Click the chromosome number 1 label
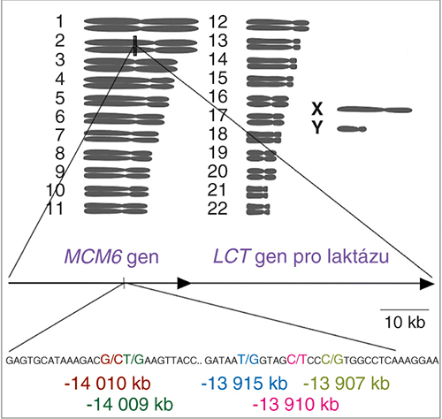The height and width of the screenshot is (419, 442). [60, 21]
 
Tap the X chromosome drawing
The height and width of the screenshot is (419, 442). [375, 110]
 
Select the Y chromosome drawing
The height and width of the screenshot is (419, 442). [352, 129]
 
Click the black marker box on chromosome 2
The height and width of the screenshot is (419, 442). [135, 46]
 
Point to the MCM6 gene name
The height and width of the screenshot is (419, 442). [93, 256]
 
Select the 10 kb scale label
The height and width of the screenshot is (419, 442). [405, 322]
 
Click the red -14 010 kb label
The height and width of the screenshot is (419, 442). [108, 384]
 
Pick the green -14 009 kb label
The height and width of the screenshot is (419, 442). [130, 404]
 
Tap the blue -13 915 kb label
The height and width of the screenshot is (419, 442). [245, 384]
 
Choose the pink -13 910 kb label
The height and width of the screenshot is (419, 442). [296, 404]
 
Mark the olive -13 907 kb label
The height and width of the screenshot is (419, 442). [347, 384]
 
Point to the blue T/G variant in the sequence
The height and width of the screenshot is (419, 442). [248, 360]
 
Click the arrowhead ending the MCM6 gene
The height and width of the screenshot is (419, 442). [184, 283]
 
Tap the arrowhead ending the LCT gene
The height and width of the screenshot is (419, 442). [427, 284]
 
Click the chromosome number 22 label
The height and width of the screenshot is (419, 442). [217, 209]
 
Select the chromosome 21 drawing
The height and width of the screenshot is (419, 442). [257, 192]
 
